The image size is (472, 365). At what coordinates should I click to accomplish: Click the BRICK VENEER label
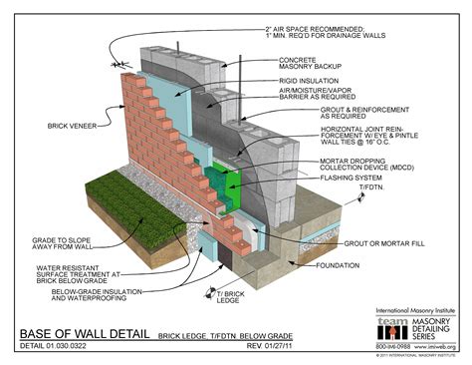pyautogui.click(x=73, y=126)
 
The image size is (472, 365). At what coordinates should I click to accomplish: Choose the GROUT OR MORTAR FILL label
pyautogui.click(x=374, y=242)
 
